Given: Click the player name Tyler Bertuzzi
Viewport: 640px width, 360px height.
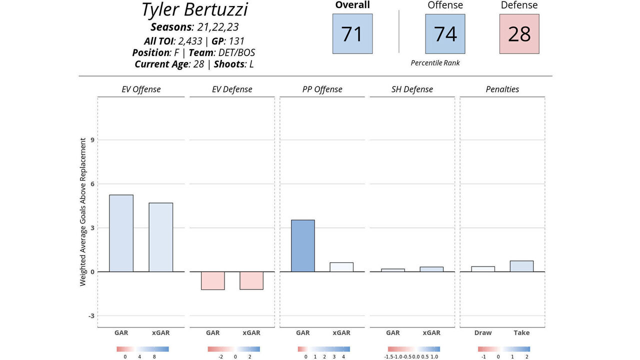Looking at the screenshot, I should tap(194, 10).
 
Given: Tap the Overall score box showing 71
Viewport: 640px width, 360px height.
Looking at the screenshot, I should tap(352, 33).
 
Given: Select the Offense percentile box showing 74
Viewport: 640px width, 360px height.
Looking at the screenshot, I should tap(445, 33).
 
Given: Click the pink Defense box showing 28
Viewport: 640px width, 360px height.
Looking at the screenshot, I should tap(519, 33).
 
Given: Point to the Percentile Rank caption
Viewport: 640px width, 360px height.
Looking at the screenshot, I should tap(435, 63).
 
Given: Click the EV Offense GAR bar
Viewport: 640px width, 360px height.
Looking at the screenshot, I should tap(121, 233).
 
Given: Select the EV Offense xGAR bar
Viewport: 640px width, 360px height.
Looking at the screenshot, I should tap(160, 237).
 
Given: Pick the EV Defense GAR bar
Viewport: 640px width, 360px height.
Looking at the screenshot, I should tap(212, 280).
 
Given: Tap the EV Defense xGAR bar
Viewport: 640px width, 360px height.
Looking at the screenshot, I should tap(251, 280).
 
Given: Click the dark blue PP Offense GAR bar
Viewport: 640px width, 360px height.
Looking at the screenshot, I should tap(303, 245).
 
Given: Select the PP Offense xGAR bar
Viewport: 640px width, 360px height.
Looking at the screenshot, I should tap(341, 267).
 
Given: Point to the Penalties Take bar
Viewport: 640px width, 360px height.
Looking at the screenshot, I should tap(521, 266).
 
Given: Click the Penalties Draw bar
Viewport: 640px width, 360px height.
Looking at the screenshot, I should tap(483, 269).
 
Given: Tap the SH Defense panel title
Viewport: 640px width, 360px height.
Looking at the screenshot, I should tap(412, 89).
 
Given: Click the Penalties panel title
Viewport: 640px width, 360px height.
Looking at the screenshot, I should tap(502, 89).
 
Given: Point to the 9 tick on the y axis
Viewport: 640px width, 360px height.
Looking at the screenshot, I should tap(92, 140).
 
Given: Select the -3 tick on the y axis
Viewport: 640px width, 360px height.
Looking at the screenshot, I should tap(91, 316).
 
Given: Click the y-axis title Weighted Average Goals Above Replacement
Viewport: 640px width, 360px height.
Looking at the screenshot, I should tap(83, 212).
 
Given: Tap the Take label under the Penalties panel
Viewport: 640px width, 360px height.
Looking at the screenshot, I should tap(521, 332).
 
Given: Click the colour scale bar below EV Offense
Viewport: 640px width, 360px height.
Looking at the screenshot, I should tap(142, 349).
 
